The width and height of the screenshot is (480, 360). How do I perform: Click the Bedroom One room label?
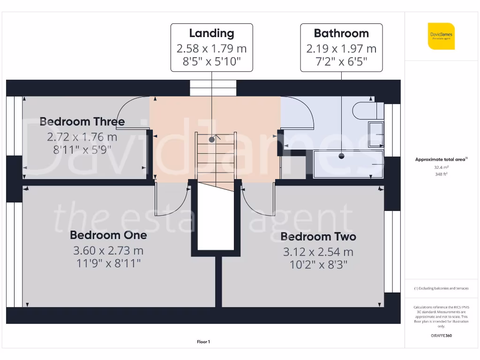point(108,235)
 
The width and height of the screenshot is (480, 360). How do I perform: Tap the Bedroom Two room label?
point(318,237)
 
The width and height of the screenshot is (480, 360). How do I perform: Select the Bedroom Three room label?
point(82,122)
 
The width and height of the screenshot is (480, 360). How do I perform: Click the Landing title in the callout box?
point(211,33)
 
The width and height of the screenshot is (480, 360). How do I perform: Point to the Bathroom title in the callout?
point(341,33)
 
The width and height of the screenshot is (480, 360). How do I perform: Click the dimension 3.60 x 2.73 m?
point(108,250)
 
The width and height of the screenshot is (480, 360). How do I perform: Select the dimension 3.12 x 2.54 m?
point(318,252)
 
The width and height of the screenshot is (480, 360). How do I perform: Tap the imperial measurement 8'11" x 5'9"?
point(82,150)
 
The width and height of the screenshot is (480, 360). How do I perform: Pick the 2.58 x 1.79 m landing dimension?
point(211,48)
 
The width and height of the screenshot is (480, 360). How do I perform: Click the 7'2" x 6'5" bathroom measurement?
point(341,61)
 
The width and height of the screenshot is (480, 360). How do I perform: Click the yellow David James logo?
point(441,36)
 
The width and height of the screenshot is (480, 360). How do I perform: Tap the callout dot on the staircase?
point(212,139)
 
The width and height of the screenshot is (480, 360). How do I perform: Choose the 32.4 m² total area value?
point(441,167)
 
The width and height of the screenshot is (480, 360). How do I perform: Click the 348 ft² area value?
point(441,174)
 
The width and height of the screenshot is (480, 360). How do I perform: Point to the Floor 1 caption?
point(203,342)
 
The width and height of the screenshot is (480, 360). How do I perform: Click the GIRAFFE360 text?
point(441,336)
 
